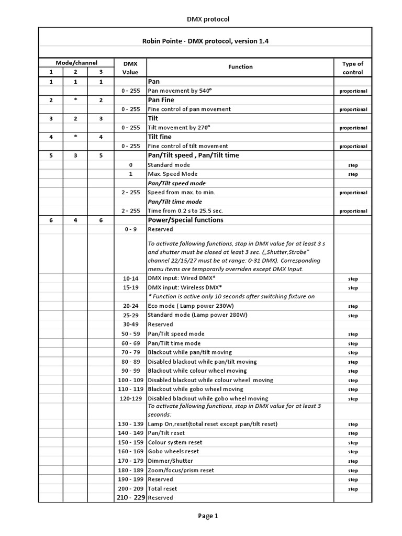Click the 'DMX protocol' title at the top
[208, 19]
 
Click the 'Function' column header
[240, 67]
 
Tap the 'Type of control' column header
[352, 68]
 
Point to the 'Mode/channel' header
[77, 62]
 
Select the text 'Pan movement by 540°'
[181, 91]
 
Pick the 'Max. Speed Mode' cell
[173, 174]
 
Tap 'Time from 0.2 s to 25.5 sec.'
[185, 210]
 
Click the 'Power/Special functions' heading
[186, 220]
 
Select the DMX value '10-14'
[130, 278]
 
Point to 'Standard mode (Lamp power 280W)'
[197, 315]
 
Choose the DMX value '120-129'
[130, 398]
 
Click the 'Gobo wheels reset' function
[173, 451]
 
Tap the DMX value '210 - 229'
[130, 498]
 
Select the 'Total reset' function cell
[163, 488]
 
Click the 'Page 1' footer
[208, 516]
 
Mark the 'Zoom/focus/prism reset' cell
[181, 470]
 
